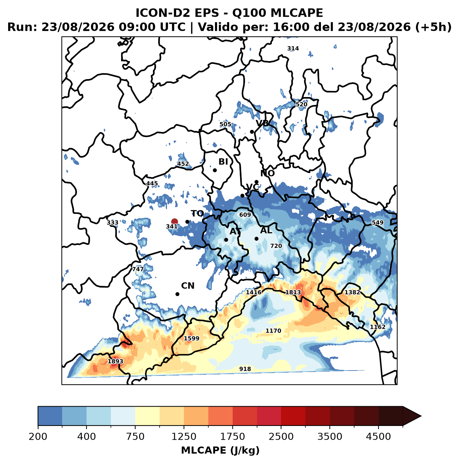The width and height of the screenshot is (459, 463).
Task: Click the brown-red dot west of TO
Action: click(x=174, y=221)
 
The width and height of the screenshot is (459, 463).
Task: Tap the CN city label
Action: click(x=187, y=286)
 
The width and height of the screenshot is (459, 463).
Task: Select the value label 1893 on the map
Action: click(x=115, y=361)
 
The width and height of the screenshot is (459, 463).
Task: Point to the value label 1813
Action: click(x=293, y=292)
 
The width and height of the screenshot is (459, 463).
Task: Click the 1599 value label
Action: click(x=191, y=338)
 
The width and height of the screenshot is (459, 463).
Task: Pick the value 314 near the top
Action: click(x=293, y=49)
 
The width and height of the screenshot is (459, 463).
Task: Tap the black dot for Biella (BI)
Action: click(x=215, y=170)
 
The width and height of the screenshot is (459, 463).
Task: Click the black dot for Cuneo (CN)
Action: click(x=177, y=294)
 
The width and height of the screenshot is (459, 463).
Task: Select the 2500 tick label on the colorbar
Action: click(x=281, y=436)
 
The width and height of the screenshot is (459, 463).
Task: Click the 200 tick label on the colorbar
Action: click(x=38, y=436)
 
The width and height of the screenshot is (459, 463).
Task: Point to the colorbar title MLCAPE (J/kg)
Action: click(x=220, y=450)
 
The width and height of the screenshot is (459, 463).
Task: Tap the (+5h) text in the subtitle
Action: click(x=433, y=27)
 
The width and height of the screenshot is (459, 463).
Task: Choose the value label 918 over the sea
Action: click(x=245, y=369)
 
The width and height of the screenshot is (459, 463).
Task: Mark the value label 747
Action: click(x=138, y=269)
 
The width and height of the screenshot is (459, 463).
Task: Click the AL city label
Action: click(x=266, y=230)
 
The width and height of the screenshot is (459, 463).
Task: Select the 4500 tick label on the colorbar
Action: click(x=378, y=436)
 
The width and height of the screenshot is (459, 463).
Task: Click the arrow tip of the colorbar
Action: click(x=421, y=416)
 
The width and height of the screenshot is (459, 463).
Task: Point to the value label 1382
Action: click(x=352, y=292)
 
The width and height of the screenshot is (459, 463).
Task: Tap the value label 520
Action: click(x=301, y=104)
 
